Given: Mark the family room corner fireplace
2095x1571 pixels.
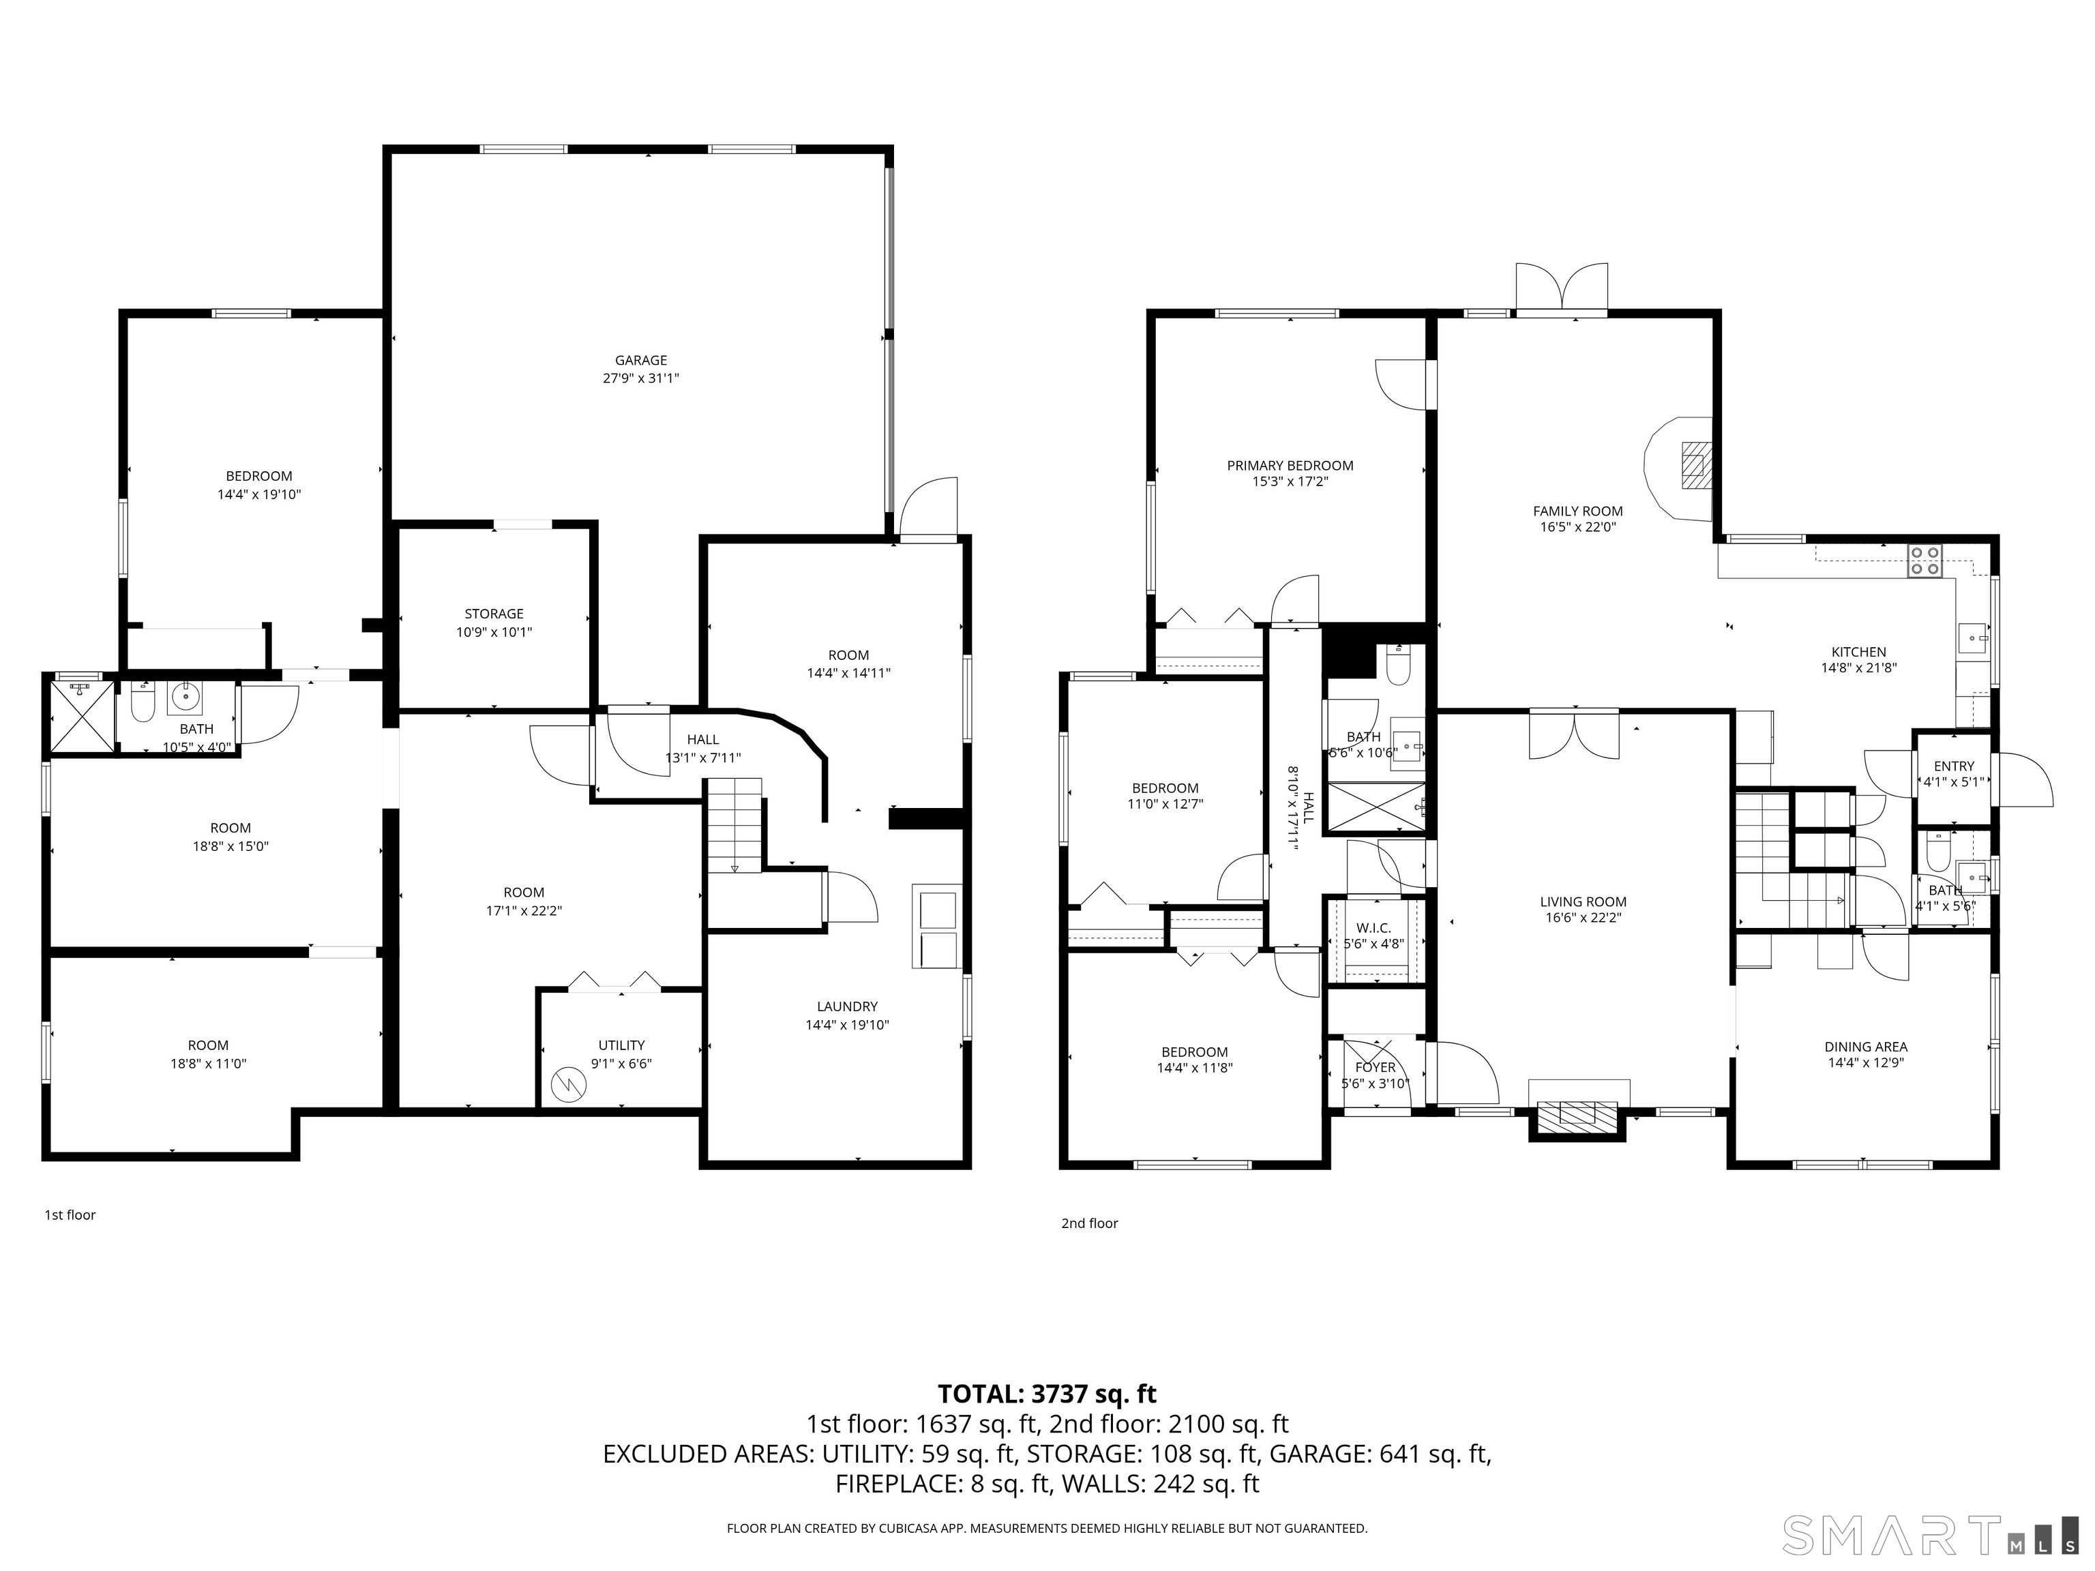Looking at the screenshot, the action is [1678, 468].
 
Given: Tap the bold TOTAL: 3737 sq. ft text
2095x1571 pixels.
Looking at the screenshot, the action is [1047, 1394].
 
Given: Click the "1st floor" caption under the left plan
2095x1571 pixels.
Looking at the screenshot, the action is [70, 1215].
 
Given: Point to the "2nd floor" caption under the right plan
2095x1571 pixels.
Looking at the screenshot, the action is [1089, 1223].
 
